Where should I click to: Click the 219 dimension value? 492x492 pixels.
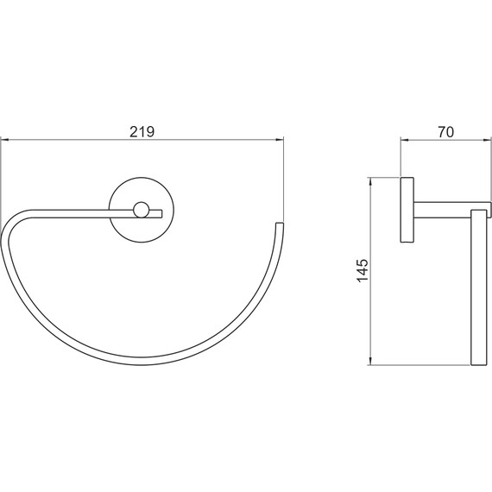pos(142,132)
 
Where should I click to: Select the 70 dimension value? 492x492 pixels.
pos(446,132)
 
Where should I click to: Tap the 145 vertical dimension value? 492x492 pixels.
pos(363,270)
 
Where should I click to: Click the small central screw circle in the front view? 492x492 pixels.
pos(142,210)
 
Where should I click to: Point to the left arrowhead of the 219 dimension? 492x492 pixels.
pos(5,140)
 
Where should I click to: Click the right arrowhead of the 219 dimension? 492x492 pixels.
pos(280,140)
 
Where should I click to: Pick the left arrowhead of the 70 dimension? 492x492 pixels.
pos(405,140)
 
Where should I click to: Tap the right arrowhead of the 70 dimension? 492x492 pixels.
pos(486,140)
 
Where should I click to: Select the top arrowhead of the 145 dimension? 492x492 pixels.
pos(371,182)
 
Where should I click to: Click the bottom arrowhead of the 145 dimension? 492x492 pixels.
pos(371,361)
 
